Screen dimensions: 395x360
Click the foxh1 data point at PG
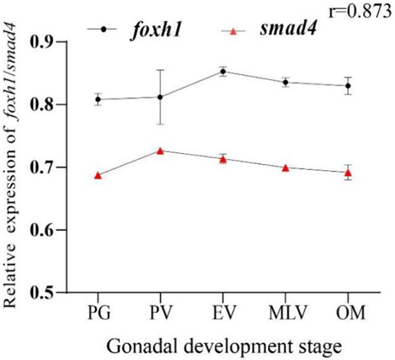coord(98,99)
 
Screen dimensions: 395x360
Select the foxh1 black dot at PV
coord(160,97)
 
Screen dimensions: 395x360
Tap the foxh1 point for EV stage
coord(223,72)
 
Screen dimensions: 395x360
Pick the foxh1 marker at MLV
coord(285,82)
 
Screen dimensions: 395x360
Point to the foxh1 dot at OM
coord(348,86)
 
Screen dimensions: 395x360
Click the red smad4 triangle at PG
coord(98,176)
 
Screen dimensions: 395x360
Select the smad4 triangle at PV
coord(160,151)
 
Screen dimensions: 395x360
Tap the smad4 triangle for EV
coord(223,160)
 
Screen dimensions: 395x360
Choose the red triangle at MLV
coord(285,168)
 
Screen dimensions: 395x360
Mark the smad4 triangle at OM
coord(348,173)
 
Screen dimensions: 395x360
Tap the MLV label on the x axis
coord(288,313)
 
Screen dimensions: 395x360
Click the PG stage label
coord(99,313)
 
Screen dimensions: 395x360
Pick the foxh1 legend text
coord(156,30)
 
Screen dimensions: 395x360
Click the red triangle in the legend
coord(233,31)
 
